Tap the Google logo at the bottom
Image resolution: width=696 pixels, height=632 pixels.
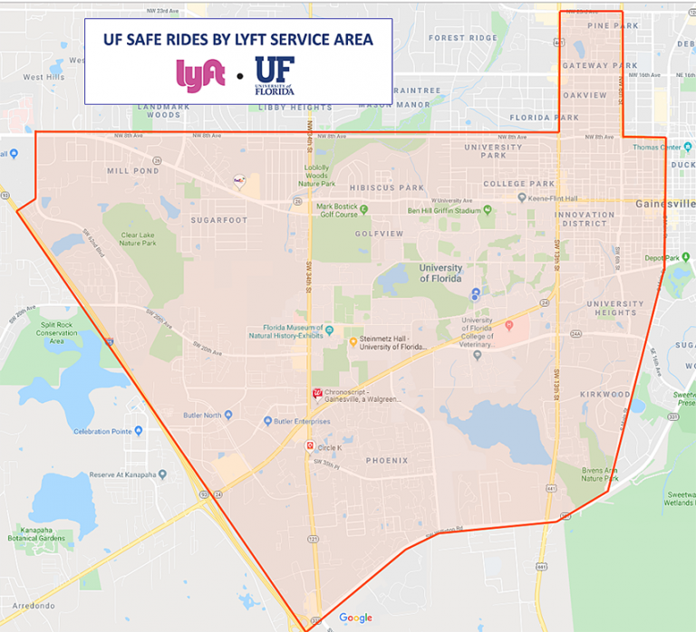tap(356, 618)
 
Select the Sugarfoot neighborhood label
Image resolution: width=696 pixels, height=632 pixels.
tap(219, 220)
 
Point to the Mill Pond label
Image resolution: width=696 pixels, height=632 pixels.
tap(132, 170)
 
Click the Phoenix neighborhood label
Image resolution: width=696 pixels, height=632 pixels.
tap(387, 461)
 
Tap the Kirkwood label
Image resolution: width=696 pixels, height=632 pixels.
tap(605, 395)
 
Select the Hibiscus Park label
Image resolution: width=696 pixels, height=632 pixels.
tap(387, 188)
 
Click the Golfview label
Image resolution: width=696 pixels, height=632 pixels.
tap(380, 234)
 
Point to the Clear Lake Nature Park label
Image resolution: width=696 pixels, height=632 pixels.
tap(138, 239)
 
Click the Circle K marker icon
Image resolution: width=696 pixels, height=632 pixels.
tap(309, 447)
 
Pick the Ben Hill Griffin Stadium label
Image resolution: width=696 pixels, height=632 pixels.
tap(442, 211)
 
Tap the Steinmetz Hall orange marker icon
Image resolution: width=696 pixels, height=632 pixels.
tap(353, 341)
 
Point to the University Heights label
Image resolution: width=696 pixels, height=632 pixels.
tap(615, 309)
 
